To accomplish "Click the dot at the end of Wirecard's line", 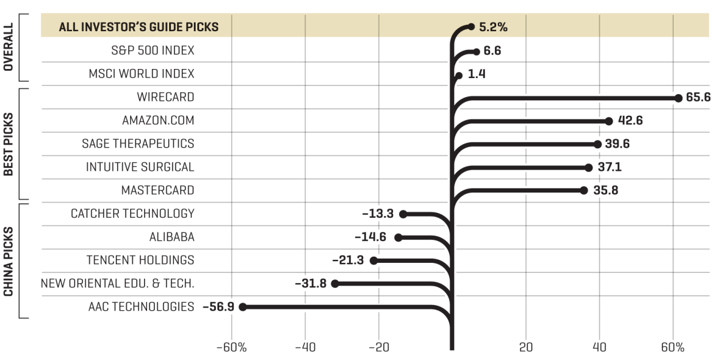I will click(x=678, y=98).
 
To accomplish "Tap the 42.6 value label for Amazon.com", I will click(x=630, y=121).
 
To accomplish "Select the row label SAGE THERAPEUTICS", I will click(x=138, y=144).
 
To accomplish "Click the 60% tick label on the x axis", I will click(x=673, y=348).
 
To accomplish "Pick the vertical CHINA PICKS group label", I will click(x=8, y=261).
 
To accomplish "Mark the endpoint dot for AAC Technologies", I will click(x=242, y=307).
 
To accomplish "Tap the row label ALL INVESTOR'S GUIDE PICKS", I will click(x=138, y=27).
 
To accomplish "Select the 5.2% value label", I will click(x=493, y=27).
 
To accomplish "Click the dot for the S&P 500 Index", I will click(x=476, y=52).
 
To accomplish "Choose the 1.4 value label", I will click(x=476, y=75).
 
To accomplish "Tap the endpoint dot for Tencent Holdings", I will click(x=373, y=260).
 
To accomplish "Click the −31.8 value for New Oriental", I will click(x=311, y=283).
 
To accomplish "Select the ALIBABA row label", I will click(x=172, y=237).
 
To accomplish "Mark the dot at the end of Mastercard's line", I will click(x=583, y=191).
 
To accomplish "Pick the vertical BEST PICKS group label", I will click(x=8, y=144).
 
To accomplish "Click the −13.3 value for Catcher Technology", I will click(x=378, y=214).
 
